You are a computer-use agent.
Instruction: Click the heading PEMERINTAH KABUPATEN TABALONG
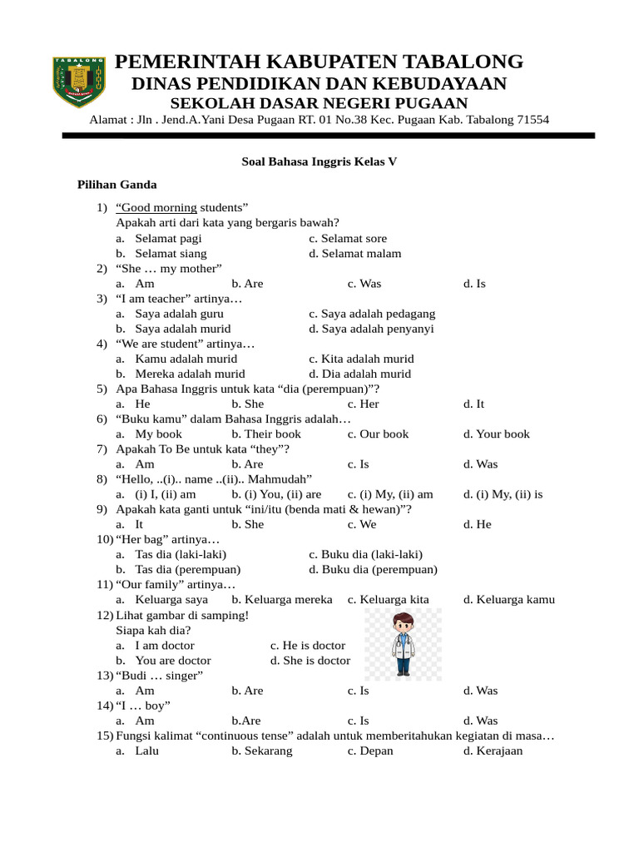coord(319,62)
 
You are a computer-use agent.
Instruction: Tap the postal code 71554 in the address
coord(532,120)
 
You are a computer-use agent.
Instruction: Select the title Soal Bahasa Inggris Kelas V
coord(319,162)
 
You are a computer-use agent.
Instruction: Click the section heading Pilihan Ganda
coord(117,185)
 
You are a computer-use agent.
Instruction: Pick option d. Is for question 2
coord(474,284)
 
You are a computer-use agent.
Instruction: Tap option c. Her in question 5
coord(364,404)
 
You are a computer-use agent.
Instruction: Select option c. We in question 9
coord(362,524)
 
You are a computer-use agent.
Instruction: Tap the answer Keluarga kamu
coord(509,599)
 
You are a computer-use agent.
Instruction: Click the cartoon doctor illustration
coord(404,644)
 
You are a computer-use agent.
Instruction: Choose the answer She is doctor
coord(310,661)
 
